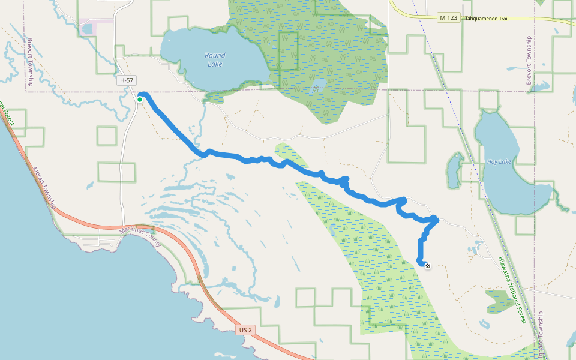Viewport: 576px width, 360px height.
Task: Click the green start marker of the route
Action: click(140, 100)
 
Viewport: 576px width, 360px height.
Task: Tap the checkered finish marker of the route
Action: click(427, 266)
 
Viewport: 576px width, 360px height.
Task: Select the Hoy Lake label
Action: click(499, 162)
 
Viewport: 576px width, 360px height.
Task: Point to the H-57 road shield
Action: click(127, 80)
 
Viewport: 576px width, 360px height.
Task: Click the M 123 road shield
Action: click(448, 18)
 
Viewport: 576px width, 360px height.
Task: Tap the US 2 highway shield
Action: click(245, 330)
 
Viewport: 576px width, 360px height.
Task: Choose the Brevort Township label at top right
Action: click(529, 60)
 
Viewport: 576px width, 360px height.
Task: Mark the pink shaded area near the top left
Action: click(96, 27)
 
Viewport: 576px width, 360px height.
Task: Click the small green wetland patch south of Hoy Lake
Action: click(499, 301)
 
